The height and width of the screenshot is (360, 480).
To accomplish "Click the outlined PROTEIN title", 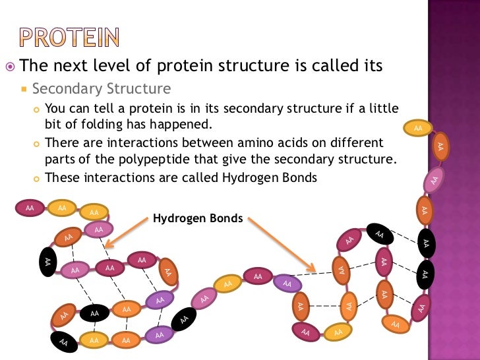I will click(x=69, y=38).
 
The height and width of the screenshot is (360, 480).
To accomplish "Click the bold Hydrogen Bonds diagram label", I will click(x=198, y=218).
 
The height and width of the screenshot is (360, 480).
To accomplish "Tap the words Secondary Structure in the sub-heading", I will click(x=102, y=88).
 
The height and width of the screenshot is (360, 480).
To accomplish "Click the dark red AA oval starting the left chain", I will click(x=30, y=208).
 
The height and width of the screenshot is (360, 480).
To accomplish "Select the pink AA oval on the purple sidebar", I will click(x=433, y=180).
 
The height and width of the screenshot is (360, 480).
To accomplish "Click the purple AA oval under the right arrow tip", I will click(x=287, y=284).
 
